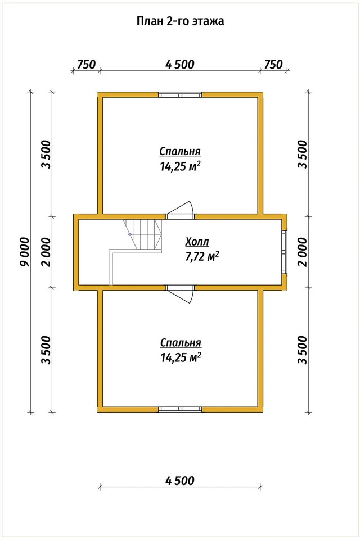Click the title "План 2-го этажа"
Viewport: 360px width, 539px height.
pyautogui.click(x=181, y=21)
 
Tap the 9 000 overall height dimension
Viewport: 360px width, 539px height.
pyautogui.click(x=25, y=252)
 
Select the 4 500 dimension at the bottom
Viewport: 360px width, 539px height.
pyautogui.click(x=180, y=480)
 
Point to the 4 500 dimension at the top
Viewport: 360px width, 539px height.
pyautogui.click(x=180, y=64)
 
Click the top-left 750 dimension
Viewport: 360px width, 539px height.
pyautogui.click(x=86, y=64)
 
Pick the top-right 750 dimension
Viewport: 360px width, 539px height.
pyautogui.click(x=273, y=64)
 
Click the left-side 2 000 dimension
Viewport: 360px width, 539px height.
pyautogui.click(x=46, y=252)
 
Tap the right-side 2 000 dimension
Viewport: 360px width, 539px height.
pyautogui.click(x=302, y=252)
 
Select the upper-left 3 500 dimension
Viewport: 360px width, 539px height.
pyautogui.click(x=46, y=154)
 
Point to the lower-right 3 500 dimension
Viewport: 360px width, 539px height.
pyautogui.click(x=302, y=350)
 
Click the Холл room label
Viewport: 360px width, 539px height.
pyautogui.click(x=197, y=242)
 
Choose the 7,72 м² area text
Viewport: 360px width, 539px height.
pyautogui.click(x=202, y=256)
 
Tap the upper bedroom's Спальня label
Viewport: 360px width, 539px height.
pyautogui.click(x=180, y=151)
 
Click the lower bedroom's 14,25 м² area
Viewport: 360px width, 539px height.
pyautogui.click(x=181, y=357)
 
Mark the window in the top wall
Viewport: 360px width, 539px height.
pyautogui.click(x=181, y=95)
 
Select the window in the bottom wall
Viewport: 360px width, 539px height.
pyautogui.click(x=181, y=409)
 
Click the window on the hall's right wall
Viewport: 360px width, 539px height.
pyautogui.click(x=284, y=252)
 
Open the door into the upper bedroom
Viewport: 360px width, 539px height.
pyautogui.click(x=181, y=210)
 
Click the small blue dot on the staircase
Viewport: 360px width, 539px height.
pyautogui.click(x=130, y=234)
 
